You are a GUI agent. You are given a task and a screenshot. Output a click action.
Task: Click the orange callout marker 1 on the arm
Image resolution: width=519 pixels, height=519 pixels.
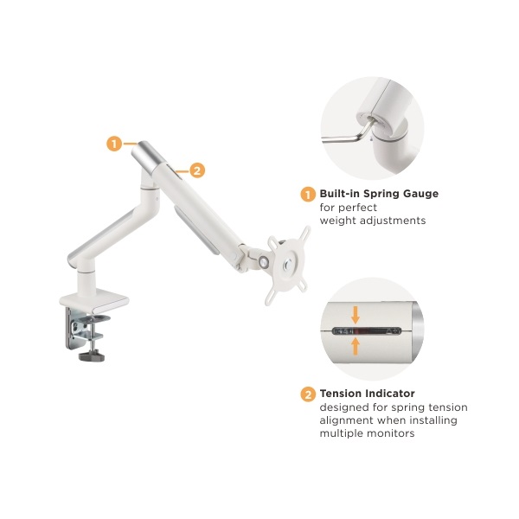pos(114,144)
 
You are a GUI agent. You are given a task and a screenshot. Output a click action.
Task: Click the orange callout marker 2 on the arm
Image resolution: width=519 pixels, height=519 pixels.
pos(197,170)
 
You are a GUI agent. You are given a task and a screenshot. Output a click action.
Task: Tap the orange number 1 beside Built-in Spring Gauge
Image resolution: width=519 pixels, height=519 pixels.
pos(308,195)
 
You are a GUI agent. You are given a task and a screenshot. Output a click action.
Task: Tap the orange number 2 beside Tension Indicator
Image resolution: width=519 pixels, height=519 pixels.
pos(308,394)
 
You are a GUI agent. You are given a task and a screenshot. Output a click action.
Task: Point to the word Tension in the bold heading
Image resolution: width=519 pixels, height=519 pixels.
pos(342,394)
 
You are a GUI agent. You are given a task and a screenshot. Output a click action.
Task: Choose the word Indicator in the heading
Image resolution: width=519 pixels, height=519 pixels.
pos(391,394)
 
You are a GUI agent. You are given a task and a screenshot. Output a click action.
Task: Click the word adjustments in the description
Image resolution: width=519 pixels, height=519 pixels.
pos(393,221)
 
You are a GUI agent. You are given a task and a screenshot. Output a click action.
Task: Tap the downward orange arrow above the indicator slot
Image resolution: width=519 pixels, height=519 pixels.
pos(356,315)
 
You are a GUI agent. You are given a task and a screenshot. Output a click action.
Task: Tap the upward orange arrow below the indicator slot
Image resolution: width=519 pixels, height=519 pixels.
pos(356,346)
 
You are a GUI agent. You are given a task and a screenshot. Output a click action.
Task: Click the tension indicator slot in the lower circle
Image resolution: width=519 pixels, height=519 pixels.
pos(367,330)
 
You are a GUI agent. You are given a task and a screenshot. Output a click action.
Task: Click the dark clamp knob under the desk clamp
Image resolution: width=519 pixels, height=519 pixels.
pos(92,356)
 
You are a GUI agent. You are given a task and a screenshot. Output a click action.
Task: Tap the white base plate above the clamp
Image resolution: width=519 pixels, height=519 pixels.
pos(94,300)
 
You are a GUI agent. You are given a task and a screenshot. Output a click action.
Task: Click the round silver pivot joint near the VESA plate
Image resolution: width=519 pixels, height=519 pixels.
pos(264,261)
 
